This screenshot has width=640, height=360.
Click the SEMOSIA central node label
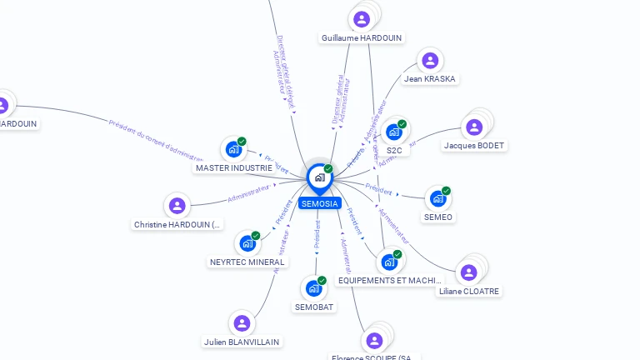pyautogui.click(x=320, y=203)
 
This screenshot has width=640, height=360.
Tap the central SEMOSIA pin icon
pyautogui.click(x=319, y=177)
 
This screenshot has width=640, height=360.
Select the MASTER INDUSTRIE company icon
pyautogui.click(x=233, y=149)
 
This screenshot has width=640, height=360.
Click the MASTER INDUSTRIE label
pyautogui.click(x=234, y=167)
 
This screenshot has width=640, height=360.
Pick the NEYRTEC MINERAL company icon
pyautogui.click(x=247, y=243)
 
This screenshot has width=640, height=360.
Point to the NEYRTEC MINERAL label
pyautogui.click(x=247, y=262)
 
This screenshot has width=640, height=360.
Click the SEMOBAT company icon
pyautogui.click(x=314, y=288)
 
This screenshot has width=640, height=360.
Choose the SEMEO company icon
pyautogui.click(x=437, y=198)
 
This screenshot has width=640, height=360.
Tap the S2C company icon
pyautogui.click(x=394, y=132)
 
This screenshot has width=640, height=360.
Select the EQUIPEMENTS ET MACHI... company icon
pyautogui.click(x=389, y=262)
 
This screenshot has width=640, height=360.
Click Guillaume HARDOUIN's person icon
pyautogui.click(x=362, y=19)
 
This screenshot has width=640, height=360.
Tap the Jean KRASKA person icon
pyautogui.click(x=430, y=60)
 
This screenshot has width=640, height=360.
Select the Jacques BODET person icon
pyautogui.click(x=474, y=127)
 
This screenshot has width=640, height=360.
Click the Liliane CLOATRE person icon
pyautogui.click(x=469, y=272)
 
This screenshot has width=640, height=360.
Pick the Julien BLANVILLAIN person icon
pyautogui.click(x=242, y=323)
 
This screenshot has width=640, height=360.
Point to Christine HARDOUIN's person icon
pyautogui.click(x=177, y=205)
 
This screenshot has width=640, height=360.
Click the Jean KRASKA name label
pyautogui.click(x=430, y=78)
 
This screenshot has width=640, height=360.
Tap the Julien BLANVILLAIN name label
pyautogui.click(x=242, y=342)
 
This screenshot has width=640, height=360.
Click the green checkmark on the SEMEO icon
pyautogui.click(x=446, y=191)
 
